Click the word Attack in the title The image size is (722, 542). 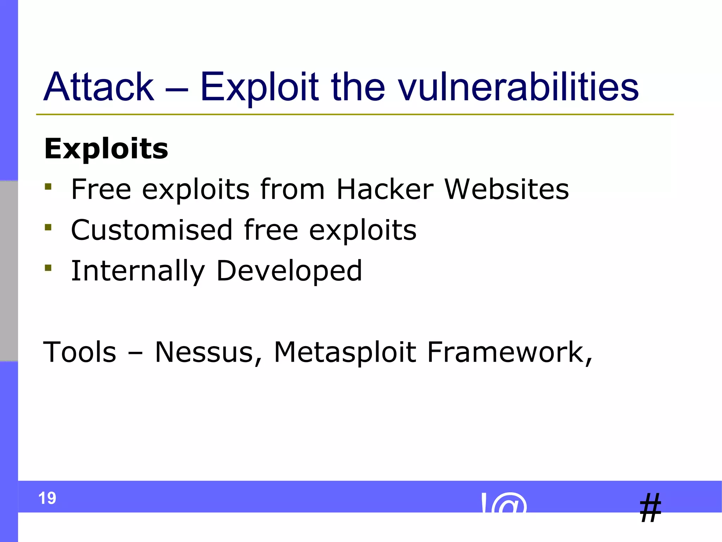tap(99, 87)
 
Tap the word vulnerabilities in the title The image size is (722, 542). tap(518, 87)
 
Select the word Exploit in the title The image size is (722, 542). tap(259, 87)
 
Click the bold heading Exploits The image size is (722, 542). tap(106, 149)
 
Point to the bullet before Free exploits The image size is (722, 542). tap(48, 186)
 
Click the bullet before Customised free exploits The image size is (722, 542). tap(48, 227)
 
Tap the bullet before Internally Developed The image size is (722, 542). tap(48, 268)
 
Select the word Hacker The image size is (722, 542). tap(385, 189)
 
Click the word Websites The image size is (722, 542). tap(507, 189)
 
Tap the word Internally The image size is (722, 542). tap(138, 271)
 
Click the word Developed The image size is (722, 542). tap(289, 271)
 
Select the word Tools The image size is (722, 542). tap(79, 352)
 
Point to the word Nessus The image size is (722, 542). tap(208, 352)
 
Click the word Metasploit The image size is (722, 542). tap(345, 352)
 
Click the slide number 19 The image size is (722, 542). tap(47, 498)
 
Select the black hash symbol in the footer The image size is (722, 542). tap(650, 508)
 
